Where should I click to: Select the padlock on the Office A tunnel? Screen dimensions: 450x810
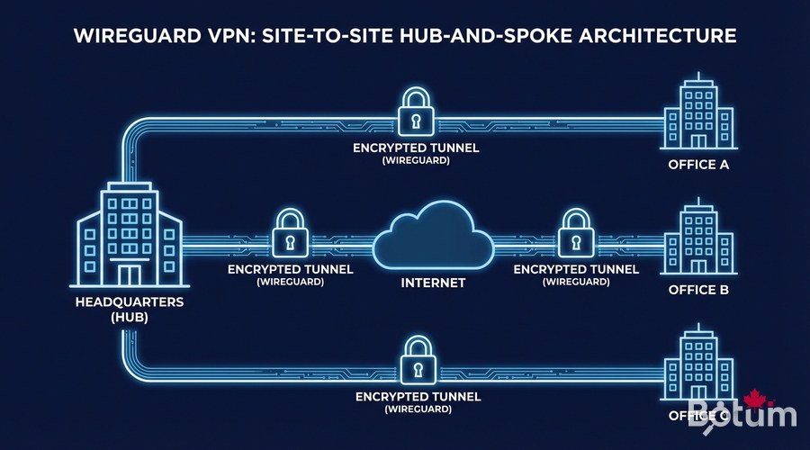tap(416, 112)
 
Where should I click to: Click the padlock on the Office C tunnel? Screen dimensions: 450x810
tap(416, 360)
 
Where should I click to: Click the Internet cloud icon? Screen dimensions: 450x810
tap(432, 238)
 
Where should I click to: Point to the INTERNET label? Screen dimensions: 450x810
tap(432, 283)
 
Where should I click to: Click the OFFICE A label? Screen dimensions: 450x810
tap(697, 166)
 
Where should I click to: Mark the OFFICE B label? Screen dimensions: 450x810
tap(697, 290)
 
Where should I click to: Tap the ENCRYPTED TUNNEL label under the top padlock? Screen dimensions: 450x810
tap(416, 147)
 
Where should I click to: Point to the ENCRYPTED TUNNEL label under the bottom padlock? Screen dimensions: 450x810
tap(416, 395)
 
